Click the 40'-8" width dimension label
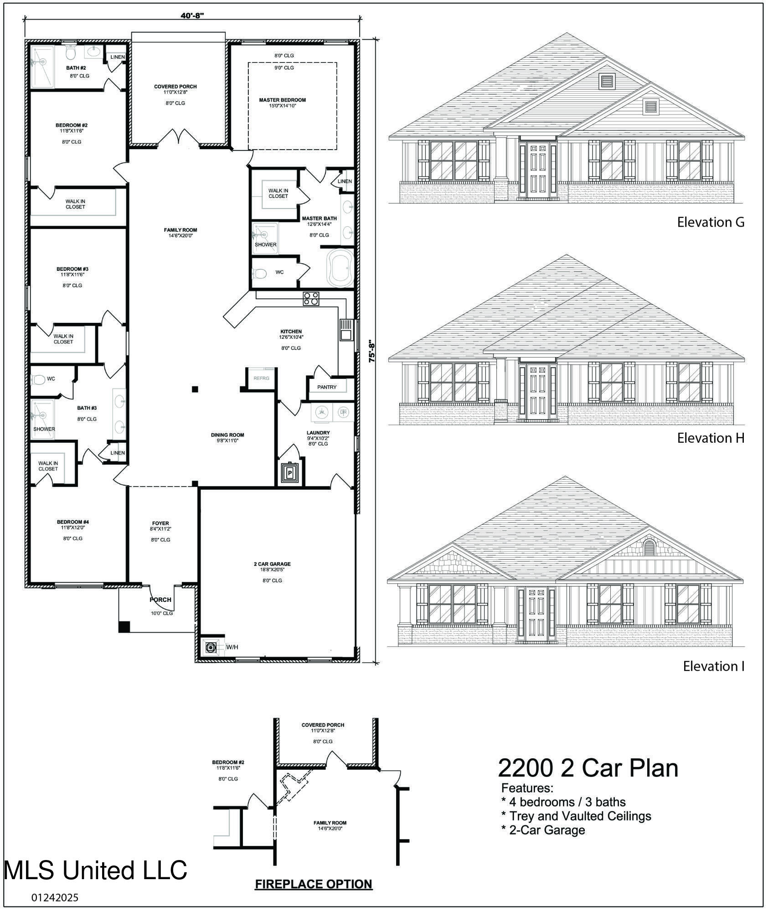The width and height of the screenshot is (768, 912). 192,16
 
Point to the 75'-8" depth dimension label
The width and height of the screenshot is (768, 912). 372,351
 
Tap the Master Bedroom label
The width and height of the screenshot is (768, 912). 283,100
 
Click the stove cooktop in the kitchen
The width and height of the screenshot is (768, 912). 311,299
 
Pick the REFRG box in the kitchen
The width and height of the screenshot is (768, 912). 262,378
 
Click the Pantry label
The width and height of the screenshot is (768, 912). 327,387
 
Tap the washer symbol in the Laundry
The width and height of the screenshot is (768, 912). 322,412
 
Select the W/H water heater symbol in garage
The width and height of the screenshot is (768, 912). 211,647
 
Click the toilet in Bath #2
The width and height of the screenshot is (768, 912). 70,52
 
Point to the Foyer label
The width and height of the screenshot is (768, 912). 160,523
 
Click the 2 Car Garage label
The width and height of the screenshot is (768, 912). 272,564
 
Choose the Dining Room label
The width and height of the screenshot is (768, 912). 227,435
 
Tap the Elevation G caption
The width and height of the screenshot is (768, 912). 711,222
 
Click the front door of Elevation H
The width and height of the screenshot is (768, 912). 537,392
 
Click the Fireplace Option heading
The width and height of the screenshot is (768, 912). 314,884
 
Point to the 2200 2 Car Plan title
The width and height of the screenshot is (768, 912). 588,767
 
